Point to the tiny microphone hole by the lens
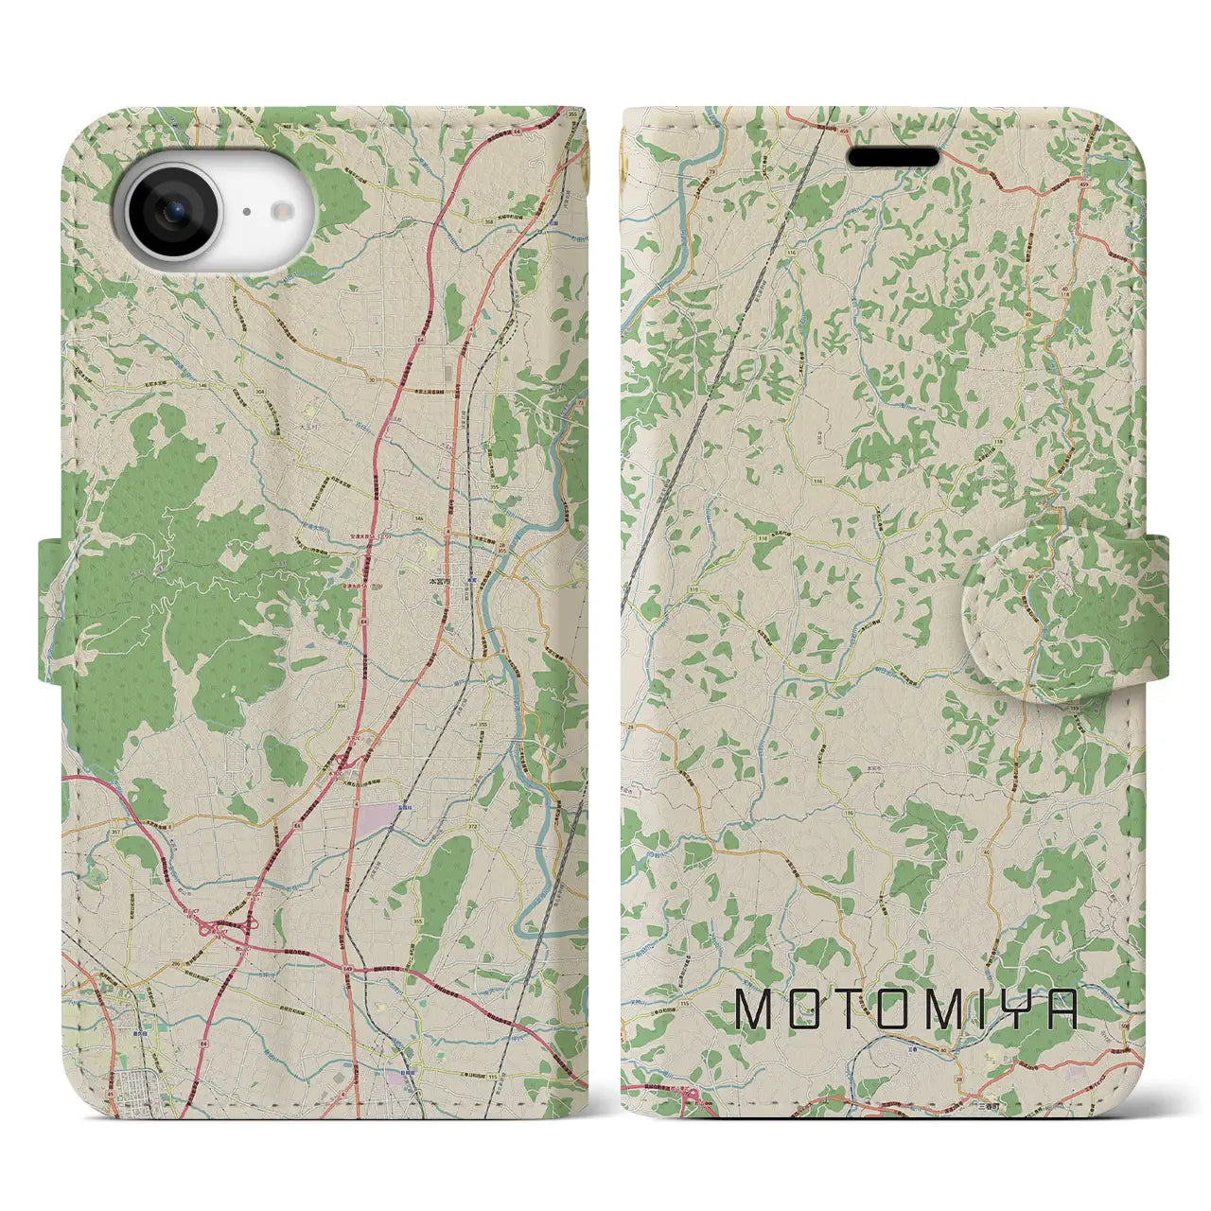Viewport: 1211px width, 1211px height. pos(244,212)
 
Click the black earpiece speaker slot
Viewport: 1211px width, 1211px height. pos(892,156)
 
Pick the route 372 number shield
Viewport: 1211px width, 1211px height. pos(471,828)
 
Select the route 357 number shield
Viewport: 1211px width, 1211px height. pos(89,832)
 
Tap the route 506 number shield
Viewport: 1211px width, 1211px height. pos(1123,1024)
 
